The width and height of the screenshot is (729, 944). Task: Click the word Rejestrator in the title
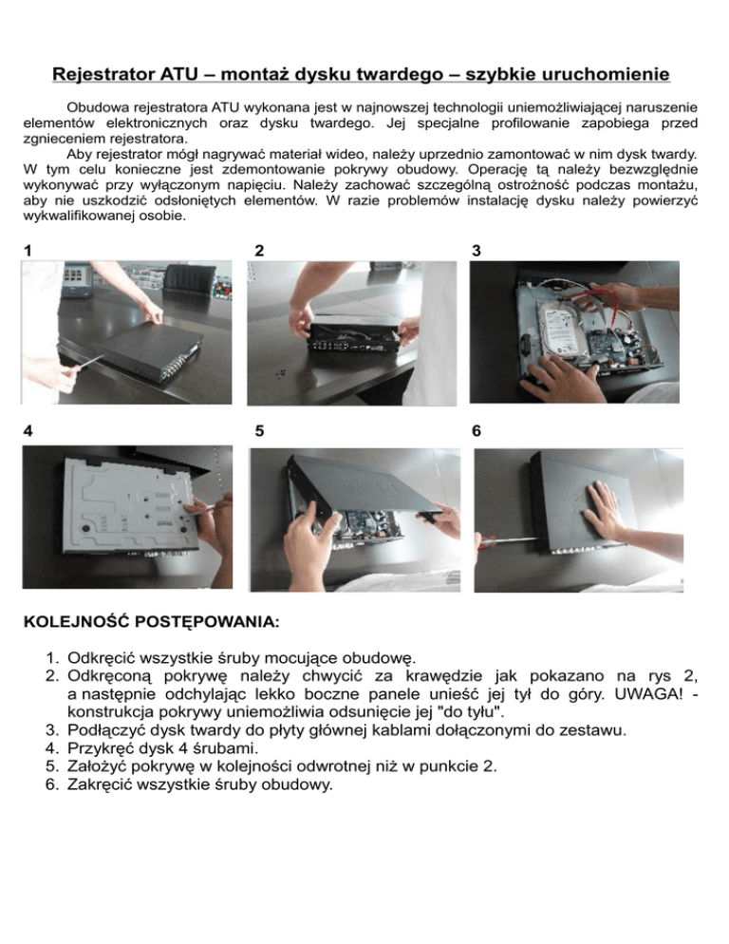pyautogui.click(x=103, y=74)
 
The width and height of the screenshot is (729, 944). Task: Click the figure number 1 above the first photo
pyautogui.click(x=28, y=251)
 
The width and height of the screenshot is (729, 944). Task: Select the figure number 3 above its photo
pyautogui.click(x=477, y=251)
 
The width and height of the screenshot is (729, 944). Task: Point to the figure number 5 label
pyautogui.click(x=259, y=431)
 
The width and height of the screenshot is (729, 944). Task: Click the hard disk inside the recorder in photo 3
pyautogui.click(x=559, y=330)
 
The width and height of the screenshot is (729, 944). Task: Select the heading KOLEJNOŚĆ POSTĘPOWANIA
pyautogui.click(x=151, y=621)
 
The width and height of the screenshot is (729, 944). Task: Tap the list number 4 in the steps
pyautogui.click(x=51, y=748)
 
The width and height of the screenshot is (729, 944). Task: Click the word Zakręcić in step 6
pyautogui.click(x=100, y=785)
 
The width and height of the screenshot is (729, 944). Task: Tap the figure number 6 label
pyautogui.click(x=477, y=431)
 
